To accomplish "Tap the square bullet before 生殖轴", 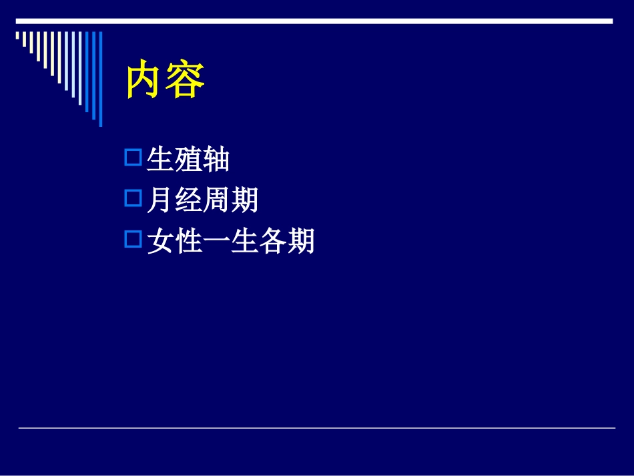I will (133, 158).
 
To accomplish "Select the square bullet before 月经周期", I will (133, 198).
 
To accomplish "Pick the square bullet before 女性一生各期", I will (133, 239).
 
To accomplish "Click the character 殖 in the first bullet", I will (188, 160).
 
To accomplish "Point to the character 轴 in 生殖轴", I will (216, 160).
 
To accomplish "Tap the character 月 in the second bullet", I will (160, 200).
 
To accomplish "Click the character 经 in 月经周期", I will (188, 200).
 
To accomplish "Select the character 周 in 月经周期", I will (216, 200).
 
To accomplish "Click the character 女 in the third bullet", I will (160, 241).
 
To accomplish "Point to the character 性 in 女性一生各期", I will (188, 241).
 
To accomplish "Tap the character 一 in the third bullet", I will (216, 241).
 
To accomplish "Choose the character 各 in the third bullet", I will (272, 241).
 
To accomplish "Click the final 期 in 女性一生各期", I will (300, 241).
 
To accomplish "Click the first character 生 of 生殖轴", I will (160, 160).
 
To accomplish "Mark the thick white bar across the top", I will (314, 21).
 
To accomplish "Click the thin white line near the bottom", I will (316, 428).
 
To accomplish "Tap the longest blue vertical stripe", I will (101, 78).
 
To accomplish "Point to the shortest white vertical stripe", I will (18, 37).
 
